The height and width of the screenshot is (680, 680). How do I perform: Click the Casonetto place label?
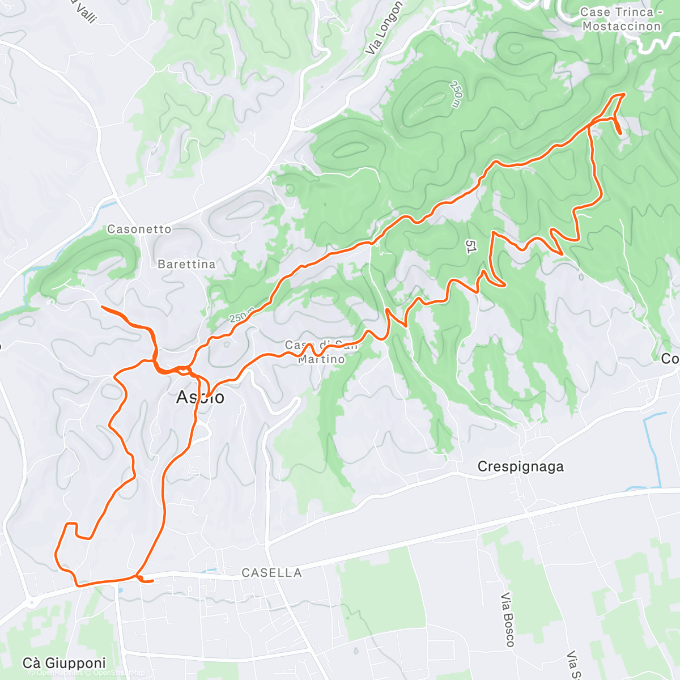[x=139, y=229]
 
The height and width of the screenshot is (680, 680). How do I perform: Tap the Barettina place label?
[x=186, y=264]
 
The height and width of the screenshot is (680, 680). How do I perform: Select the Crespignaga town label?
[x=520, y=466]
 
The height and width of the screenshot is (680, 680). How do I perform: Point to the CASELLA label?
[x=271, y=573]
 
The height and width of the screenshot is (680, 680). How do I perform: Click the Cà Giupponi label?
[x=64, y=663]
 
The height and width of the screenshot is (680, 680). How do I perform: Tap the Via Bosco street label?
[x=508, y=620]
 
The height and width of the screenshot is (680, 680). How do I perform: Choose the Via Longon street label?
[x=384, y=28]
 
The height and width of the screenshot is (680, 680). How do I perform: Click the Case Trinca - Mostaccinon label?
[x=621, y=19]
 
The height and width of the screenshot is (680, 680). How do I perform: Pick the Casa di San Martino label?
[x=321, y=352]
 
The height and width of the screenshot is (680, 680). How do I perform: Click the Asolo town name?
[x=200, y=397]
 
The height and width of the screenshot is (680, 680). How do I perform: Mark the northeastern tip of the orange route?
[x=624, y=93]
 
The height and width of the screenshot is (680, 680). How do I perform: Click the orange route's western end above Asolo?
[x=102, y=307]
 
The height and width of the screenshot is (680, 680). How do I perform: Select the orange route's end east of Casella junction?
[x=152, y=581]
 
